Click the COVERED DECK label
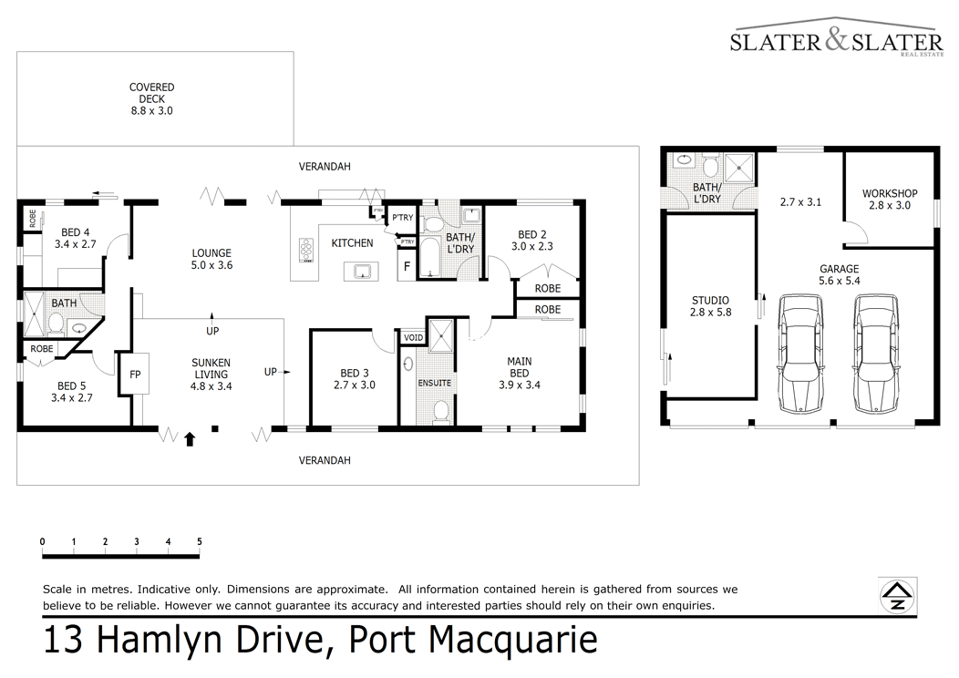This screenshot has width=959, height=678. (151, 99)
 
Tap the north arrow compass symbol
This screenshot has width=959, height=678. (897, 595)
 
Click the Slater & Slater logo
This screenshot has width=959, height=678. (837, 38)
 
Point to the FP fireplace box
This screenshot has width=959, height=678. (135, 375)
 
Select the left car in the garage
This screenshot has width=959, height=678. (800, 354)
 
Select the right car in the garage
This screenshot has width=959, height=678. (877, 354)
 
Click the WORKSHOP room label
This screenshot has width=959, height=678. (890, 200)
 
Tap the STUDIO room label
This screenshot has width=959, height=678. (710, 306)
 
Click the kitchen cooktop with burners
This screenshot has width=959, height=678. (306, 250)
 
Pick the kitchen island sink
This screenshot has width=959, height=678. (361, 271)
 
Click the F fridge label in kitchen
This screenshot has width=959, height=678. (407, 267)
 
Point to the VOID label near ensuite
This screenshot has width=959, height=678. (414, 337)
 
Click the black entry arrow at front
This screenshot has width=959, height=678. (190, 438)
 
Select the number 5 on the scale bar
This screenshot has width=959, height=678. (200, 541)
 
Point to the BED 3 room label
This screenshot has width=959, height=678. (354, 379)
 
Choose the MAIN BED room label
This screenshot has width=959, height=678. (520, 373)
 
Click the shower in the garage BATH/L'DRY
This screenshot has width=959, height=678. (739, 168)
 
